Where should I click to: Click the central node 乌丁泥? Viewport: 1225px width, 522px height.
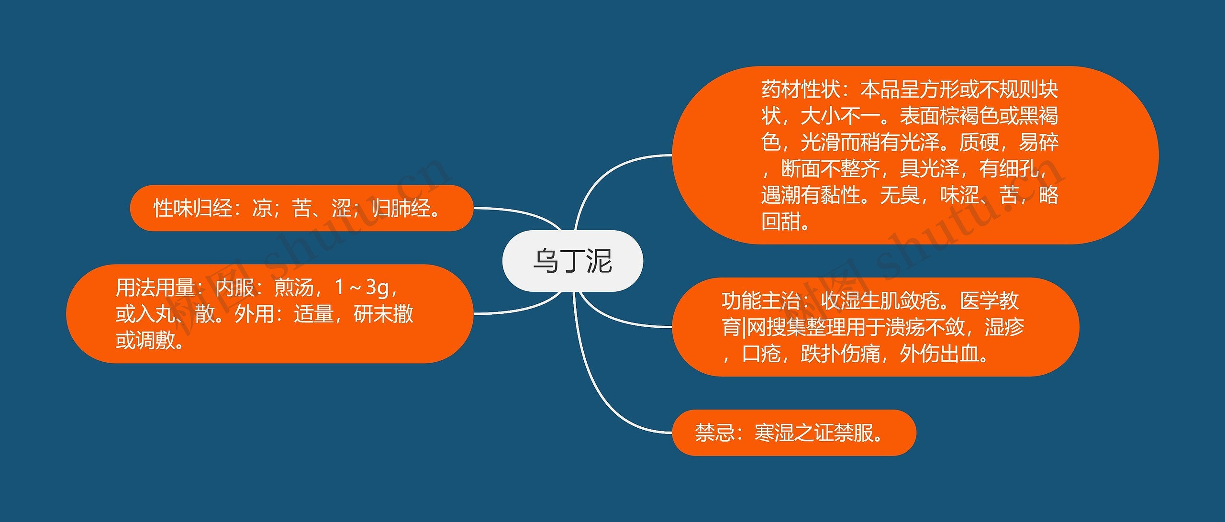pyautogui.click(x=572, y=261)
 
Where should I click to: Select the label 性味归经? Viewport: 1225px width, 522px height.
pyautogui.click(x=192, y=209)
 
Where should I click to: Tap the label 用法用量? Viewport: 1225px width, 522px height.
pyautogui.click(x=155, y=288)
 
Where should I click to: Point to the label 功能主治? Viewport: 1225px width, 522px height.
pyautogui.click(x=761, y=301)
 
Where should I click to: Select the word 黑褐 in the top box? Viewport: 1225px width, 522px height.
pyautogui.click(x=1038, y=116)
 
